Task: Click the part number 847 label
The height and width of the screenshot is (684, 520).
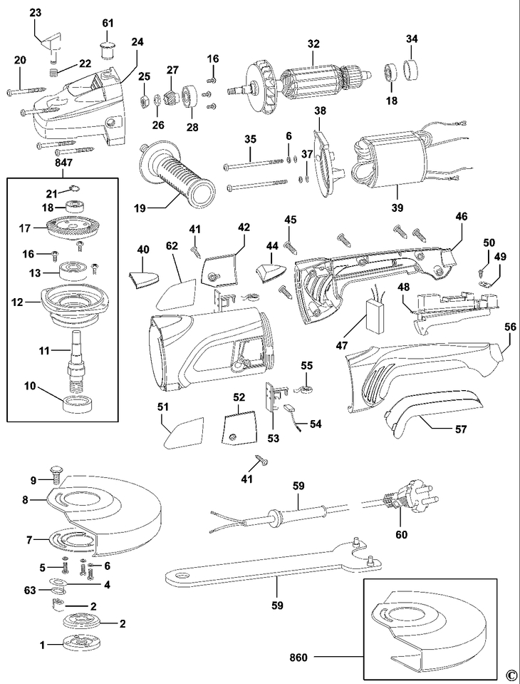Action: [63, 163]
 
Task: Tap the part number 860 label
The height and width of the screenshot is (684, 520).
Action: [298, 658]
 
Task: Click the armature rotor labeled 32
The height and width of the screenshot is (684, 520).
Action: [301, 81]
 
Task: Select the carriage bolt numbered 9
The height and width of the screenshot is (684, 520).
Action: [56, 474]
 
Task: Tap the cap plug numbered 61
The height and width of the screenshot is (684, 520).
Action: [107, 50]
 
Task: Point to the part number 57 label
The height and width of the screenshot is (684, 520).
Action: [461, 429]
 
